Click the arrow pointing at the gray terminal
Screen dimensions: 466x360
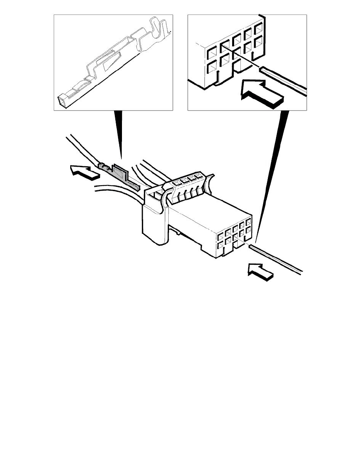click(x=83, y=173)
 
